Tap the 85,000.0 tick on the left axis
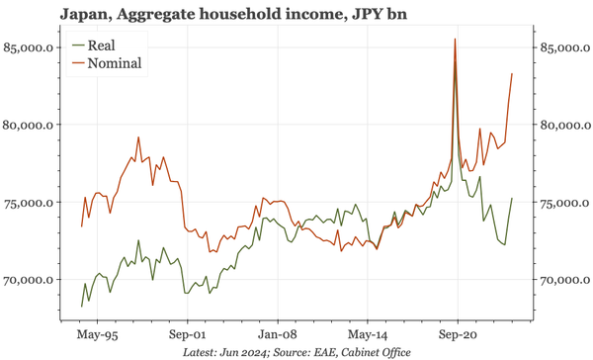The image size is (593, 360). (x=32, y=47)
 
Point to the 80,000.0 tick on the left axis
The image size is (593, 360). (x=32, y=125)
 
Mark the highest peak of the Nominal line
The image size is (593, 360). (x=454, y=40)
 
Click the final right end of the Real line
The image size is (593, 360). (x=511, y=199)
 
